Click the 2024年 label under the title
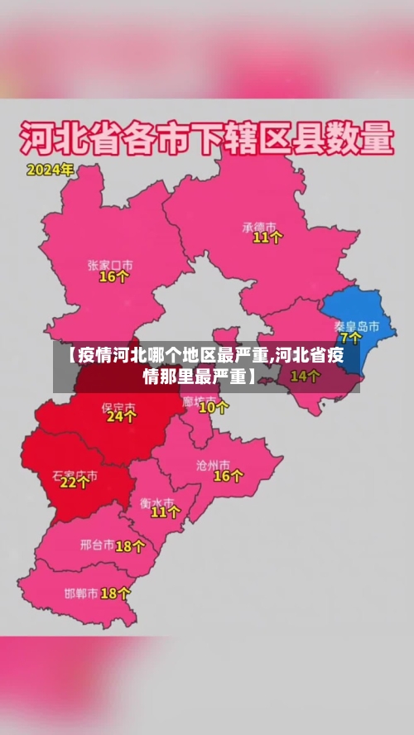point(51,171)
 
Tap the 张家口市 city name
point(110,265)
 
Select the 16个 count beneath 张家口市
point(113,277)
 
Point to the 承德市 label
point(262,225)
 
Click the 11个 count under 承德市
point(267,238)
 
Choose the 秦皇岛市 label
point(357,326)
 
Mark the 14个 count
point(305,376)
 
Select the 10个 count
point(214,407)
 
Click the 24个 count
point(121,418)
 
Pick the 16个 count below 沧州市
point(229,476)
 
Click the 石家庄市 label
point(75,476)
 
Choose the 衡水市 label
point(156,502)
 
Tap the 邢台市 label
point(97,545)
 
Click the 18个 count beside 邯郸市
point(115,593)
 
